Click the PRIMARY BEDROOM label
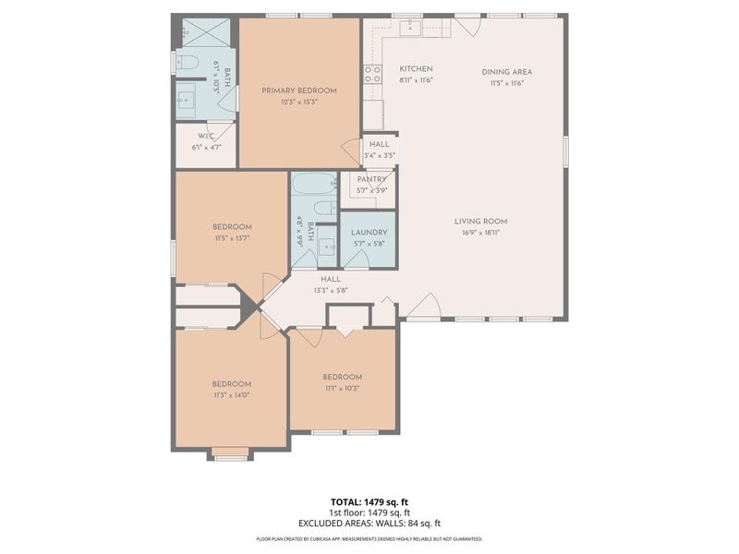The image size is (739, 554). pos(298,90)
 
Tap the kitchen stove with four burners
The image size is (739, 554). pos(372,74)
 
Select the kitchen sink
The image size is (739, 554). pos(409,27)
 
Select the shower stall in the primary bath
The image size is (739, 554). pos(205,33)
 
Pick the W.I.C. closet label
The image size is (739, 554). pos(205,136)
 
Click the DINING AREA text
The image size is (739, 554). pos(506,72)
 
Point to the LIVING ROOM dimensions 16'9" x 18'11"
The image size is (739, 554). pos(480,234)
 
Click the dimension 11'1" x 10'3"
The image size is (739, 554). pos(342,389)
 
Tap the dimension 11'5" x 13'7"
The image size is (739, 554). pos(232,238)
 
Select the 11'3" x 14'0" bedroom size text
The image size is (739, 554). pos(231,395)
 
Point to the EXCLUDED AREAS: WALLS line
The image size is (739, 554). pos(369,523)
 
